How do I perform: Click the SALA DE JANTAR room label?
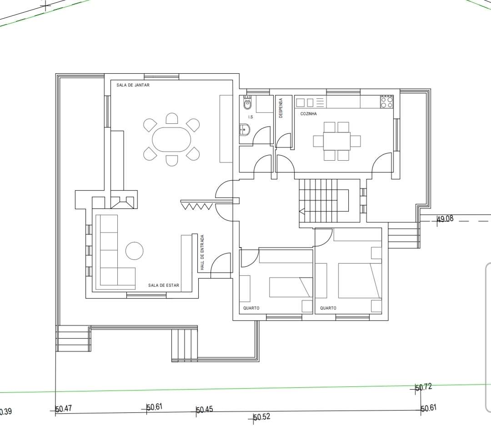coord(133,85)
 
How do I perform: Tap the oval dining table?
coord(171,139)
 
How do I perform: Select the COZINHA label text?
coord(308,114)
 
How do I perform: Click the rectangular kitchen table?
coord(337,142)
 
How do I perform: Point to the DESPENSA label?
coord(281,108)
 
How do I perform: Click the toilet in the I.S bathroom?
coord(247,102)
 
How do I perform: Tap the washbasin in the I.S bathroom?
coord(244,129)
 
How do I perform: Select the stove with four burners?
coord(387,102)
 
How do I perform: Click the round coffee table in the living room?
coord(134,251)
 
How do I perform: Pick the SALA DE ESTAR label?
coord(164,285)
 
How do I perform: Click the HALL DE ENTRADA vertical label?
coord(202,252)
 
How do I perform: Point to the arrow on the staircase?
coord(302,212)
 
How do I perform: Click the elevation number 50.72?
coord(424,387)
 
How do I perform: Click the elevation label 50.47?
coord(64,409)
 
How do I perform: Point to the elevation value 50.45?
coord(205,409)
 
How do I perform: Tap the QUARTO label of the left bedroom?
coord(251,308)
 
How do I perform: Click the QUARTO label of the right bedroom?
coord(328,308)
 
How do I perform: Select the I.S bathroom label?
coord(251,117)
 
